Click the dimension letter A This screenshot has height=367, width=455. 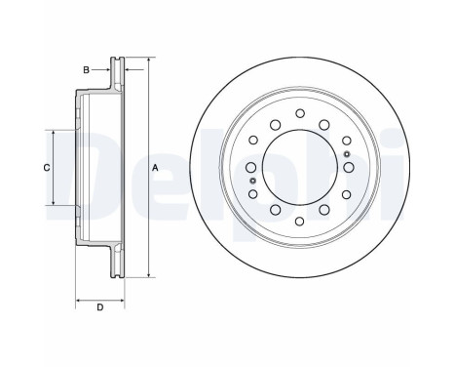coord(155,168)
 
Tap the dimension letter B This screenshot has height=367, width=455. coord(86,70)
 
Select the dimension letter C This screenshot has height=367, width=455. coord(47,168)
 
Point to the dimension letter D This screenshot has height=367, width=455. coord(100,307)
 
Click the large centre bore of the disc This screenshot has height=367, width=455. coord(299,168)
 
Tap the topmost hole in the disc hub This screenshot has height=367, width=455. coord(300,113)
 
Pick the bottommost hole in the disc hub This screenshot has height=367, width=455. coord(299,222)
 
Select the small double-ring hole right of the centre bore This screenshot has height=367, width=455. coord(347,154)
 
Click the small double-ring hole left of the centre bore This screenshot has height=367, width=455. coord(252,181)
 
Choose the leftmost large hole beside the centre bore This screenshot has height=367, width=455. coord(250,168)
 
